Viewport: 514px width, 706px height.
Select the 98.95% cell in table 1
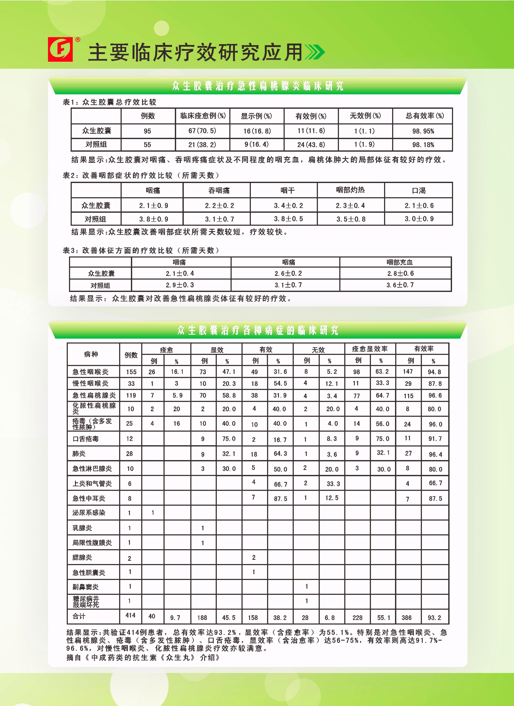point(423,131)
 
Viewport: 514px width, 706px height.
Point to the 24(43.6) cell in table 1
point(311,144)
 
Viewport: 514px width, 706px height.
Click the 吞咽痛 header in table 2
point(219,190)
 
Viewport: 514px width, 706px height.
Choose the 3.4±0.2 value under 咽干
point(288,205)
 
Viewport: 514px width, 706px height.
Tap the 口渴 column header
point(418,190)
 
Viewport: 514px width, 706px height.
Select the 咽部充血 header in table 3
point(399,262)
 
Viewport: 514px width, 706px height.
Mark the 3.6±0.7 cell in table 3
point(400,285)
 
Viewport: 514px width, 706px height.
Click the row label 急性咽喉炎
point(90,372)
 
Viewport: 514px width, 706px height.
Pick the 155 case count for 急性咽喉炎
point(131,372)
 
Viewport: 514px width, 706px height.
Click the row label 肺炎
point(79,453)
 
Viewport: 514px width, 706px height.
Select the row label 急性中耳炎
point(89,498)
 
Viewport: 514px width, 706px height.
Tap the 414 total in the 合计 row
point(130,615)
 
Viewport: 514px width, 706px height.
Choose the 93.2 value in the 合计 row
point(434,617)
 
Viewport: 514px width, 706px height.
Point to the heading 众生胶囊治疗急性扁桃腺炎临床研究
point(258,86)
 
